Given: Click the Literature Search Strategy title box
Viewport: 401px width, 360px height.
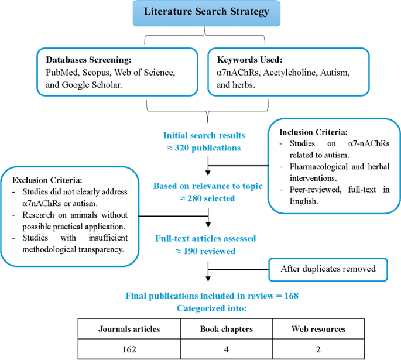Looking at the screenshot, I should (x=200, y=13).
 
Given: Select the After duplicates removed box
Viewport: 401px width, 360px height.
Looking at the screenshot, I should (x=329, y=269).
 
